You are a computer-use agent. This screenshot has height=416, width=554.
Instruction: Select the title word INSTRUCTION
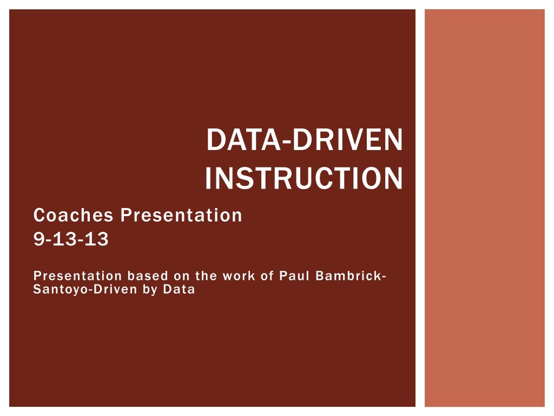304,178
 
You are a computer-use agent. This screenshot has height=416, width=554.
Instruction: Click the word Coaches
74,216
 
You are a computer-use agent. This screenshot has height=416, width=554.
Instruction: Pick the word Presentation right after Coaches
181,216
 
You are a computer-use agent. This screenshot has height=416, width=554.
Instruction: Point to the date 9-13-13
71,239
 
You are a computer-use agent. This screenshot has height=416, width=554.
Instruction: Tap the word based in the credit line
146,276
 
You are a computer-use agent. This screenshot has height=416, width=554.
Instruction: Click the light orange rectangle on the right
484,208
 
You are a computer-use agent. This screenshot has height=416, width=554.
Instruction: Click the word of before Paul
267,276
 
